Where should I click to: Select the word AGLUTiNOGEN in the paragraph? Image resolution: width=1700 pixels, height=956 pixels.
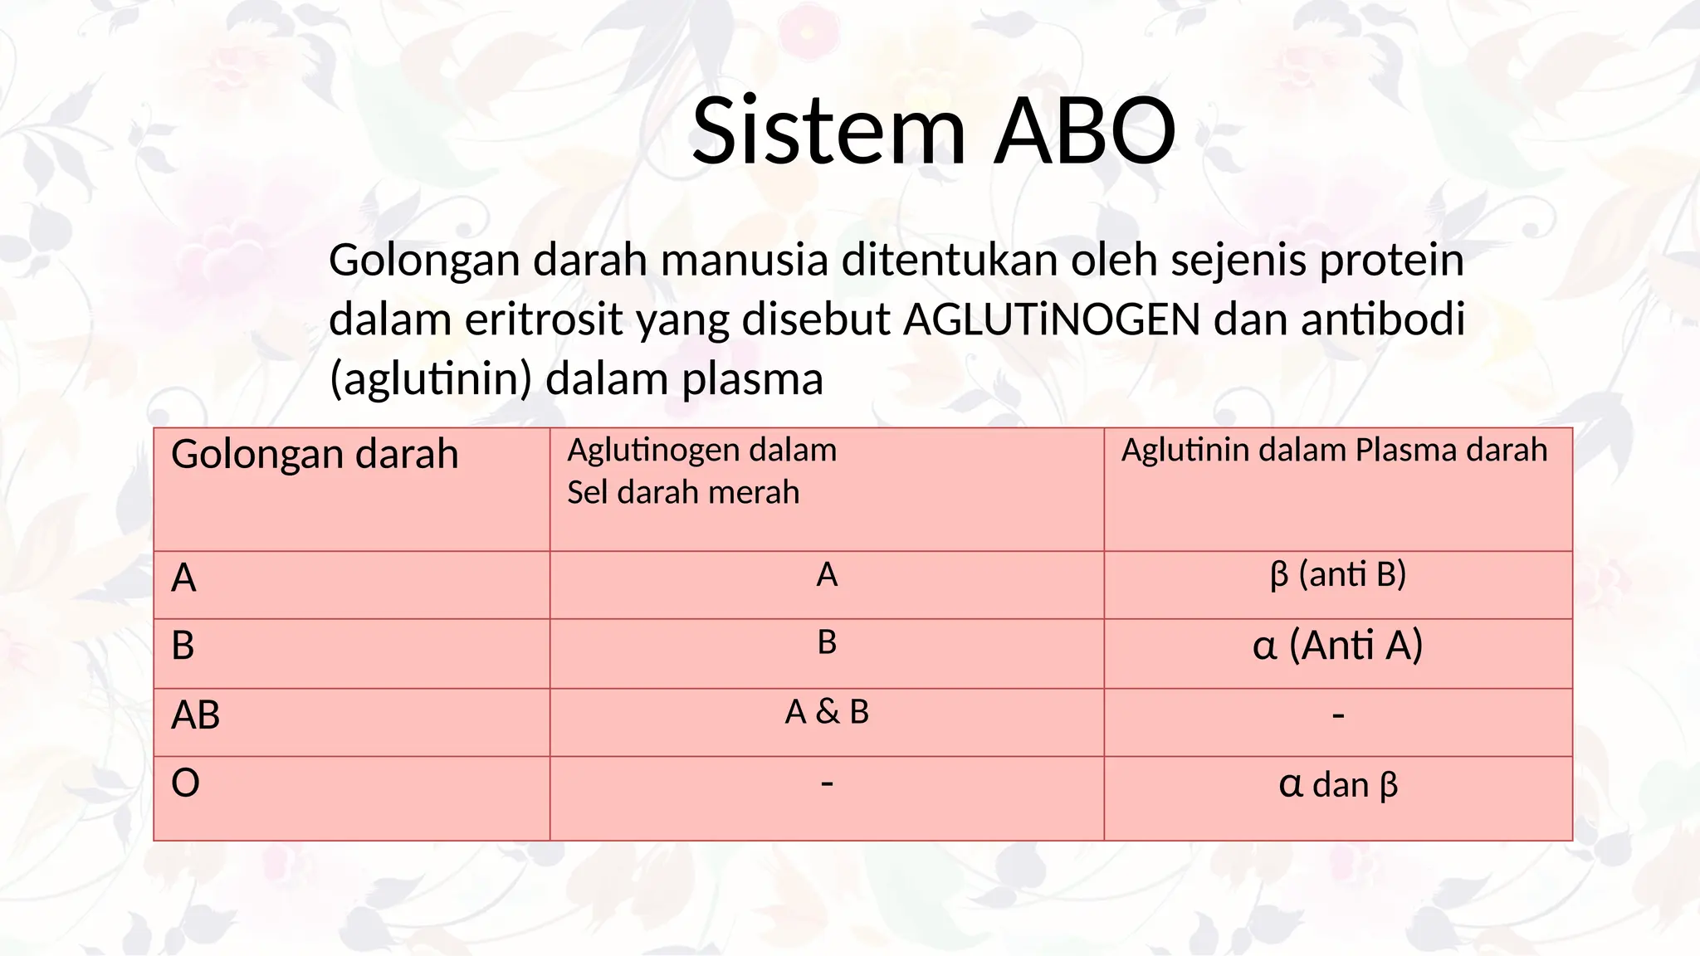pyautogui.click(x=1052, y=319)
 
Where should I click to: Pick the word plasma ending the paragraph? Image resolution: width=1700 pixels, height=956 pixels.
pyautogui.click(x=752, y=379)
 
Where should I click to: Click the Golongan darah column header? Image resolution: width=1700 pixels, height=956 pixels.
pyautogui.click(x=315, y=454)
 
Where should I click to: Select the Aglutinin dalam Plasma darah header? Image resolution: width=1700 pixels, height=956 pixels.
pyautogui.click(x=1334, y=450)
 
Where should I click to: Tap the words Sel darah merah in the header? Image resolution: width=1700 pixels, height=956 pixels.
pyautogui.click(x=682, y=492)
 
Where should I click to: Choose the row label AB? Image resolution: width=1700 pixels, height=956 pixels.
pyautogui.click(x=195, y=715)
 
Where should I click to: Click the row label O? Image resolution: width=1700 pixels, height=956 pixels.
pyautogui.click(x=185, y=783)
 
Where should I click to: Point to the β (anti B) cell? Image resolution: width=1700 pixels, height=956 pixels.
pyautogui.click(x=1337, y=574)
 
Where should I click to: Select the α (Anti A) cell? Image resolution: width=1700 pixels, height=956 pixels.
pyautogui.click(x=1337, y=645)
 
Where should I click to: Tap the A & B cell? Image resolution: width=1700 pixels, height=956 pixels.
pyautogui.click(x=827, y=712)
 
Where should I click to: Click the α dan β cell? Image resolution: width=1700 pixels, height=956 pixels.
pyautogui.click(x=1337, y=784)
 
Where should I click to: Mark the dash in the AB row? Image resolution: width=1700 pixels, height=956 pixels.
pyautogui.click(x=1337, y=715)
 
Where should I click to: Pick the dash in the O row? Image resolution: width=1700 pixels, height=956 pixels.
pyautogui.click(x=826, y=782)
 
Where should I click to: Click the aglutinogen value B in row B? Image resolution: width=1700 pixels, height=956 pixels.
pyautogui.click(x=827, y=642)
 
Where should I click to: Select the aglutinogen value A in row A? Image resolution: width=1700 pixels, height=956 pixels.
pyautogui.click(x=827, y=574)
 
